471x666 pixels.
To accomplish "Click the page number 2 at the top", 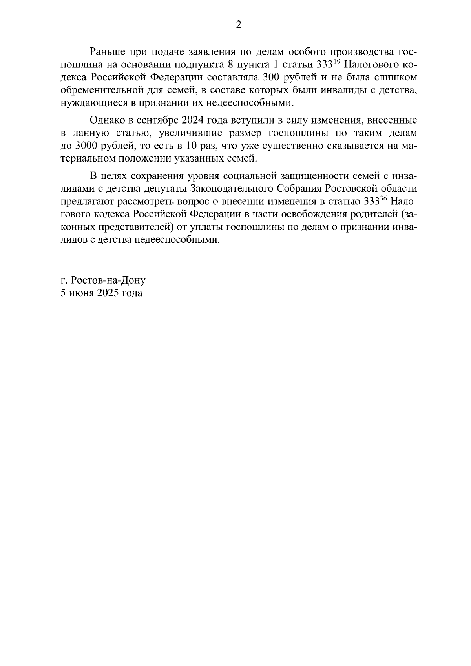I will pos(237,25).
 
